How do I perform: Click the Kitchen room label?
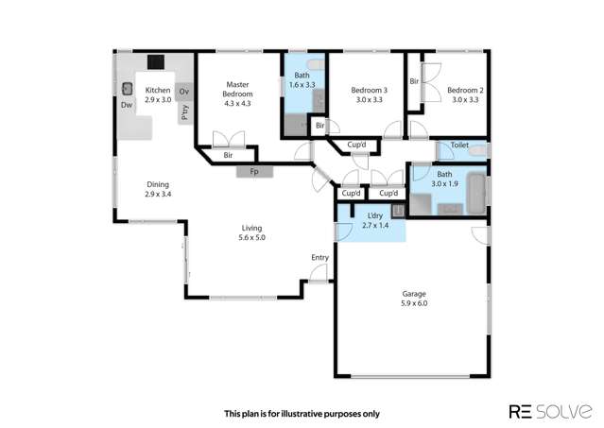[157, 90]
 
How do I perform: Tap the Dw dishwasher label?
[127, 105]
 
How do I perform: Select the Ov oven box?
[184, 92]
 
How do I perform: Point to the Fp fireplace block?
[253, 172]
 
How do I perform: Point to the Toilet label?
[459, 146]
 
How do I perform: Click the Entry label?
[319, 258]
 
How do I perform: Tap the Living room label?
[251, 228]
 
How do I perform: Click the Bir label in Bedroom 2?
[414, 82]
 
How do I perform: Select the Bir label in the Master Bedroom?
[229, 155]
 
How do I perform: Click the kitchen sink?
[127, 89]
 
